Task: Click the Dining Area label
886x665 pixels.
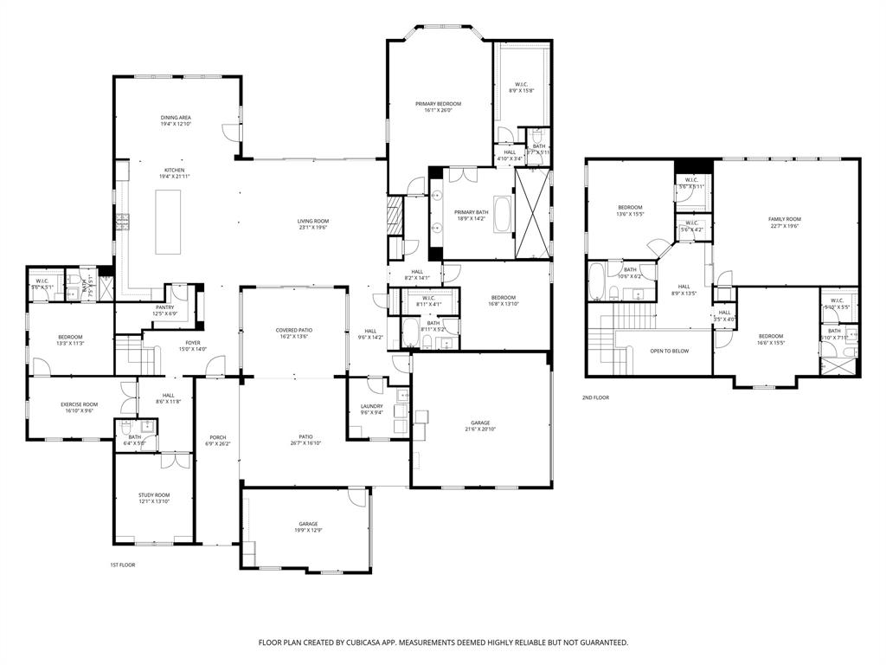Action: coord(176,117)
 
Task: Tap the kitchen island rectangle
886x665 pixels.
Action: coord(168,222)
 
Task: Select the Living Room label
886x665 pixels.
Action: coord(313,221)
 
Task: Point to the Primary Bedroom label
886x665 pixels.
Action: coord(438,104)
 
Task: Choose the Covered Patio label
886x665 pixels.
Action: coord(294,330)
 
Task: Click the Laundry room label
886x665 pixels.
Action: coord(371,406)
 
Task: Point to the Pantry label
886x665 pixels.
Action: coord(165,307)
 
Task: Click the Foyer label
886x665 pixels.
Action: coord(192,343)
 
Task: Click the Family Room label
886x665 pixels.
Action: coord(785,219)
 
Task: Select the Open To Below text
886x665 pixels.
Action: coord(669,351)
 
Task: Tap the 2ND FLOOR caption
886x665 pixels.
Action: coord(595,397)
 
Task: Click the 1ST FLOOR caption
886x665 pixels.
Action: coord(122,565)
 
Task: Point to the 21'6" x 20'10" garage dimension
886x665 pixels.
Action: coord(480,429)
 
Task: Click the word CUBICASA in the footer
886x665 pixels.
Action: coord(354,642)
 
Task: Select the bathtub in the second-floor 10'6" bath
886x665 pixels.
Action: coord(599,281)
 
